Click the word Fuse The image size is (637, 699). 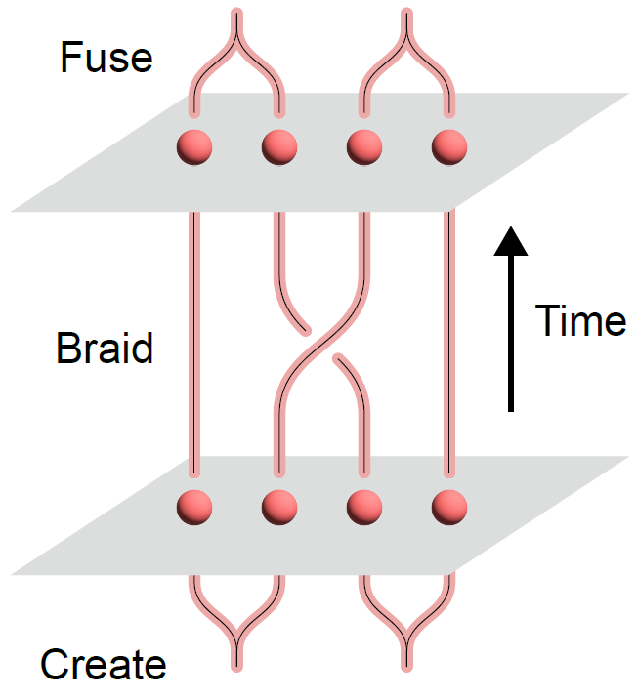(x=106, y=58)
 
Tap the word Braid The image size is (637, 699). (x=105, y=349)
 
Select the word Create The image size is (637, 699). (x=103, y=666)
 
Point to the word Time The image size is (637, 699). (x=580, y=320)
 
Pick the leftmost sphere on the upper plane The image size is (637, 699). (x=194, y=147)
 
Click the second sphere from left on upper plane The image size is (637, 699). (x=279, y=147)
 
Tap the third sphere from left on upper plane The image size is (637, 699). (x=364, y=147)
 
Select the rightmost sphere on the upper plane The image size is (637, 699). (x=449, y=147)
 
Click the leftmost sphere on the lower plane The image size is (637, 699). (x=194, y=507)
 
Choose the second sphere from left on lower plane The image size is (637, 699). (x=279, y=507)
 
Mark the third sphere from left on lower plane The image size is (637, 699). (x=364, y=507)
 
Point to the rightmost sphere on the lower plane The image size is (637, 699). (x=449, y=507)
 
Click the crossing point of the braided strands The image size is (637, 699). (x=321, y=344)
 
